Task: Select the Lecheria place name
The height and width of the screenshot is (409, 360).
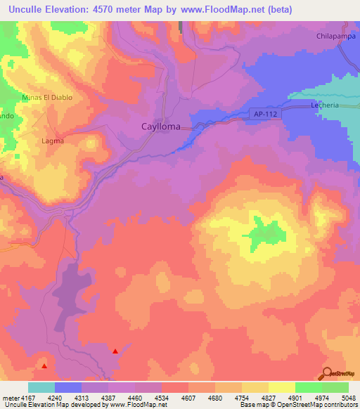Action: click(326, 105)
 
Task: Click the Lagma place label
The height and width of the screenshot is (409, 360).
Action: click(53, 141)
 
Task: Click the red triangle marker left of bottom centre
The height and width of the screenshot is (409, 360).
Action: click(115, 351)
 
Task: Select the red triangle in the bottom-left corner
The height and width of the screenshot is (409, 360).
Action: click(44, 365)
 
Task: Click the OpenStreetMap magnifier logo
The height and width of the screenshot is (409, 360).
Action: click(326, 372)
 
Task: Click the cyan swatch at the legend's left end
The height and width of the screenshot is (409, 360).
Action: click(41, 387)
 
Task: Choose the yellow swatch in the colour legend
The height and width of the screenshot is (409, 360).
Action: click(282, 387)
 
